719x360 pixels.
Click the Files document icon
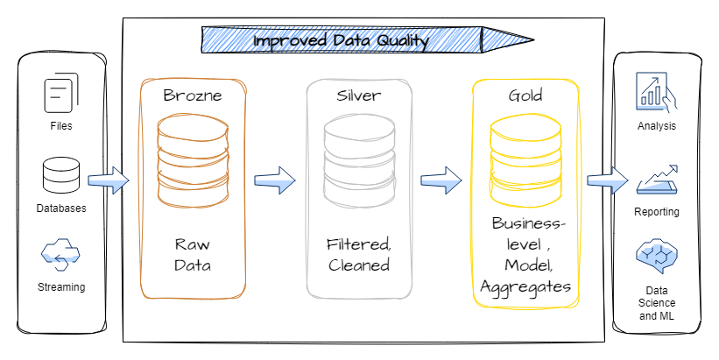61,93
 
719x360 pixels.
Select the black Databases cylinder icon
61,175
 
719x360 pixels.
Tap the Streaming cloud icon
60,254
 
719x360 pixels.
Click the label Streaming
61,287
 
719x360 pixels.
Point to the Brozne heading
193,95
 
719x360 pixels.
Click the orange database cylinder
193,160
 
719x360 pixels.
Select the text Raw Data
193,255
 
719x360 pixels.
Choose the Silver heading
358,95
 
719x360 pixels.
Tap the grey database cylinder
359,160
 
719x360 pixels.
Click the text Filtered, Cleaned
359,255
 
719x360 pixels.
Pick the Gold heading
525,95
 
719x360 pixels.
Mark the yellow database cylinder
525,160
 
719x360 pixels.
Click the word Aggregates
525,288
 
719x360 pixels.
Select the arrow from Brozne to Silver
275,180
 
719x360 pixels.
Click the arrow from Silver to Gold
441,180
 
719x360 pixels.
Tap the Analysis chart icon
656,93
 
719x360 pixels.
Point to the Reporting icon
657,180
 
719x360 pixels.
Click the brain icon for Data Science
657,256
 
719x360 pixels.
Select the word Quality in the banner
403,41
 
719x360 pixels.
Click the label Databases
61,208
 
